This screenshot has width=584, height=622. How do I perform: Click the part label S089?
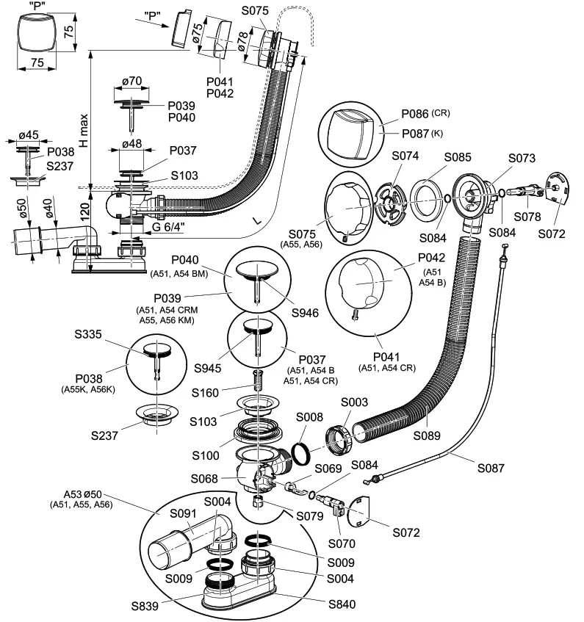(x=427, y=435)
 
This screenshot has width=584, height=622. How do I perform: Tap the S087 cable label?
(x=491, y=468)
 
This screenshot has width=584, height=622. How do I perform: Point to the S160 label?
(x=205, y=393)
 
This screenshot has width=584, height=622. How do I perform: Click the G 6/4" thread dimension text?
(x=169, y=227)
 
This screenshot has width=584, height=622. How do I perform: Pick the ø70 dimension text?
(x=132, y=82)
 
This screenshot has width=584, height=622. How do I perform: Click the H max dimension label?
(x=84, y=131)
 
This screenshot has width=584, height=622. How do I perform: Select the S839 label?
(x=145, y=606)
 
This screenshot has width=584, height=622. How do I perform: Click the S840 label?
(x=342, y=604)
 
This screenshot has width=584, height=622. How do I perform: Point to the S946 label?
(x=305, y=313)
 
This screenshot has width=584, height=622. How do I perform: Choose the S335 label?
(x=88, y=334)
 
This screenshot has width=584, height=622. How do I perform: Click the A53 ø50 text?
(x=83, y=494)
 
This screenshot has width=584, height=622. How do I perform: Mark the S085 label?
(x=458, y=157)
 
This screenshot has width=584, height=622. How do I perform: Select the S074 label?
(x=405, y=156)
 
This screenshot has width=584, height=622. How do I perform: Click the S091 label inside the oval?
(x=184, y=513)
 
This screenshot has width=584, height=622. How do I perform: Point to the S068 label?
(x=204, y=479)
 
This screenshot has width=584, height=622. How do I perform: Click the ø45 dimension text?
(x=29, y=135)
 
